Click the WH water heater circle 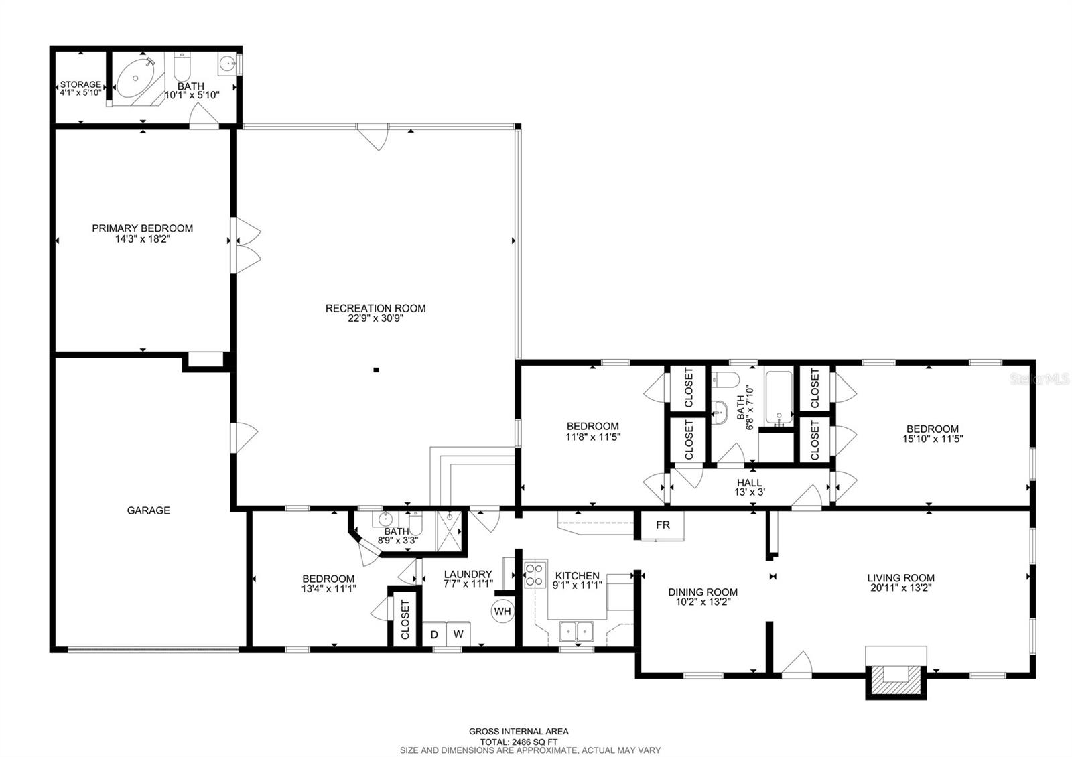503,611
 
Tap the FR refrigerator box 663,525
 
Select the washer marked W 459,634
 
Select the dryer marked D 434,634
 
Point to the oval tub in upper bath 136,79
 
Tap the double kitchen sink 576,631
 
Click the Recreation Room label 375,308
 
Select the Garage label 148,510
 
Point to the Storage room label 80,84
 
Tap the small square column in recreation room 376,369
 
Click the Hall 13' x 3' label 748,487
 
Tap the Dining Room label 702,592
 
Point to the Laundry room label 468,574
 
